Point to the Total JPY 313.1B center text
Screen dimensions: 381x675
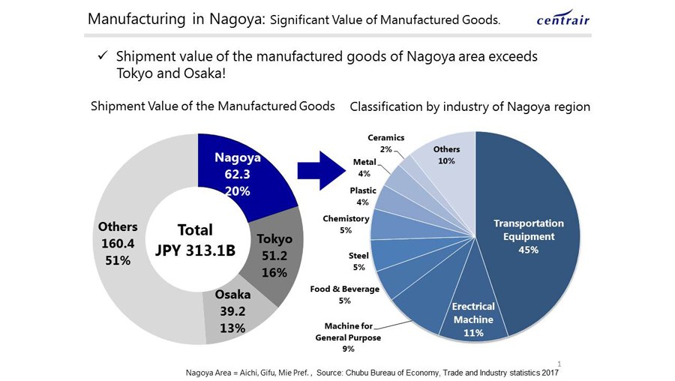(195, 240)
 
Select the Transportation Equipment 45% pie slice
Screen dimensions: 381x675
(529, 236)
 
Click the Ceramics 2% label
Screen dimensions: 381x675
(386, 143)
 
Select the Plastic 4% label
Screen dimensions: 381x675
(363, 196)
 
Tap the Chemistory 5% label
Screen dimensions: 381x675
(346, 224)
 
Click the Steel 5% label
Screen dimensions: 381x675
(358, 261)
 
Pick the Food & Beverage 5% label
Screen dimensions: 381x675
(345, 295)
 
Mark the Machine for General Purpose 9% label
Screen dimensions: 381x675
(348, 337)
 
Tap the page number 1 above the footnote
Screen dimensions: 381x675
(559, 363)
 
